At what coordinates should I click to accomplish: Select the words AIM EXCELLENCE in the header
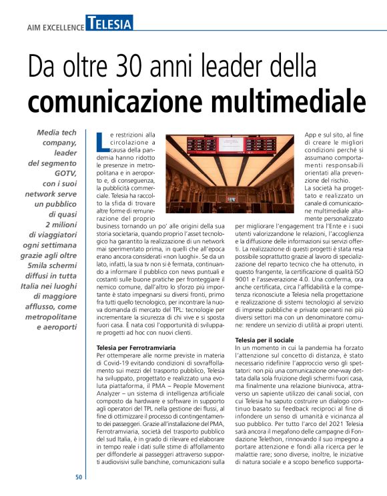[x=55, y=28]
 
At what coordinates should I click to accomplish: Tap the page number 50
[x=78, y=477]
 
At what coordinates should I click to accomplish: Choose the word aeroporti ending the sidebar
[x=58, y=329]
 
